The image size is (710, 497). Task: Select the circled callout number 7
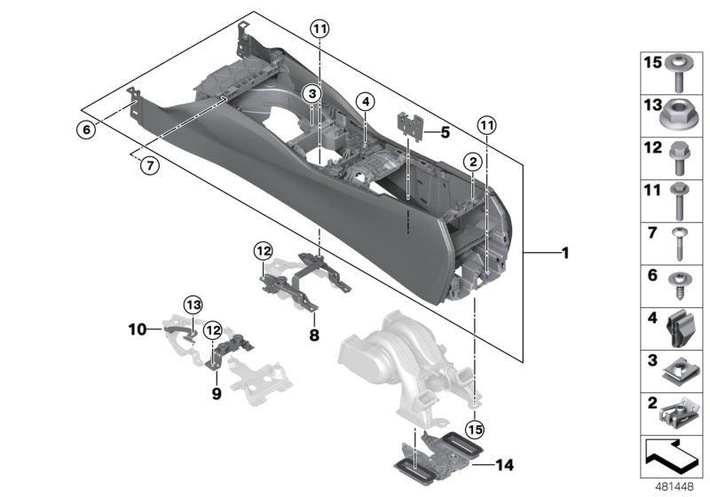point(150,165)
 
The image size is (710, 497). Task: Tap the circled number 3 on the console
point(311,93)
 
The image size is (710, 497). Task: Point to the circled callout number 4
point(364,102)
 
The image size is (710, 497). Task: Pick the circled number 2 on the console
point(473,161)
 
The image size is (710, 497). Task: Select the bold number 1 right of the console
point(563,254)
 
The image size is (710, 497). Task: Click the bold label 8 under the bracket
point(313,336)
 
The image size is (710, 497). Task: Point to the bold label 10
point(136,329)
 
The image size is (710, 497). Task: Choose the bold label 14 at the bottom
point(504,463)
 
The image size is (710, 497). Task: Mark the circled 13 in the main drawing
point(193,306)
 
